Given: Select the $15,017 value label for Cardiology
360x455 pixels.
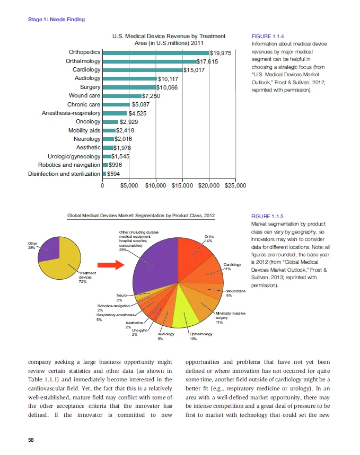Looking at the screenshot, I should [x=194, y=70].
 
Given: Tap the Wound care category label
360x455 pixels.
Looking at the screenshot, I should [x=84, y=96].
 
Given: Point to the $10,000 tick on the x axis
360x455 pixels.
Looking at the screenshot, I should [x=155, y=186].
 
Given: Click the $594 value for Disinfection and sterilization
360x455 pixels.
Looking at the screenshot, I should [x=113, y=173].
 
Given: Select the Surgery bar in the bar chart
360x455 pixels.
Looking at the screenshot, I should [x=129, y=87].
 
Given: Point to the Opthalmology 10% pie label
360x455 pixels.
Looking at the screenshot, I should [x=201, y=336].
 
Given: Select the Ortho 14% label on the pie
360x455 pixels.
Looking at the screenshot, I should [x=209, y=238].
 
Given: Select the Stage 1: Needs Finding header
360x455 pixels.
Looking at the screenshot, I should [x=56, y=20].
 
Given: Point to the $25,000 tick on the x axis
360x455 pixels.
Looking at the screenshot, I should [x=235, y=186].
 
